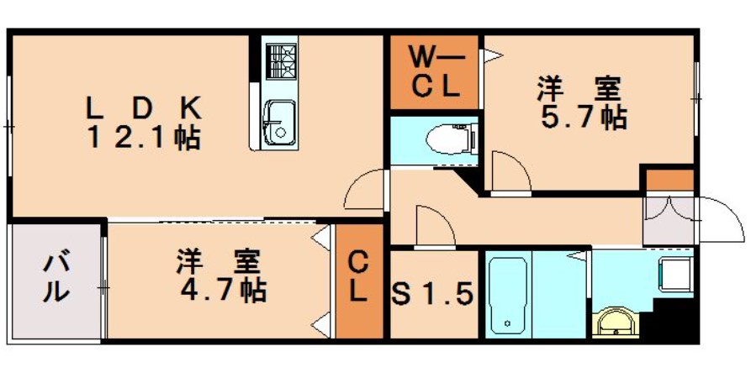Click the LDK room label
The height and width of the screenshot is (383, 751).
point(143,108)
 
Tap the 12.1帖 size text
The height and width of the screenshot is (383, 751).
point(143,139)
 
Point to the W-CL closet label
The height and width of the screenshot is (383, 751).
point(435,73)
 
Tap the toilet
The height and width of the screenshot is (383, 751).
point(451,139)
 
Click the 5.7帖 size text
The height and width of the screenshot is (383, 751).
point(584,118)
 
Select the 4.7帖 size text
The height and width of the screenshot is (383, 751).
point(224,291)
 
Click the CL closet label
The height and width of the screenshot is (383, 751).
point(358,277)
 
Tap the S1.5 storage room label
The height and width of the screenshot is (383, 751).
point(432,293)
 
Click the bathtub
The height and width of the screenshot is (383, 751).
point(509,294)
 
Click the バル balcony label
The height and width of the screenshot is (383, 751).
point(56,279)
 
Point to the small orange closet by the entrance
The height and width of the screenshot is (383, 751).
point(669,181)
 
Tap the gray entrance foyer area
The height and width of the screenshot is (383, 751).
point(668,220)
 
